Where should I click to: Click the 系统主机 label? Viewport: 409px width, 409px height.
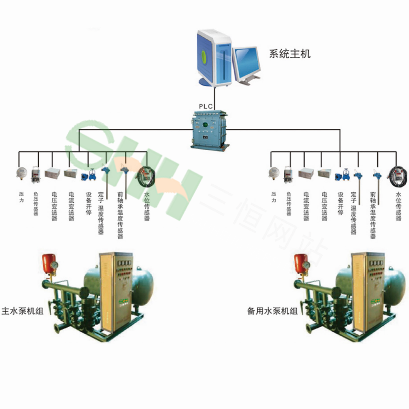pyautogui.click(x=290, y=54)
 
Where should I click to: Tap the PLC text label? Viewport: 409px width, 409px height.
pyautogui.click(x=206, y=106)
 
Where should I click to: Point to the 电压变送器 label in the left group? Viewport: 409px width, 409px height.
pyautogui.click(x=54, y=207)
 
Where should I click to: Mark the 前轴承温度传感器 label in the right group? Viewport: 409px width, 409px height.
pyautogui.click(x=372, y=215)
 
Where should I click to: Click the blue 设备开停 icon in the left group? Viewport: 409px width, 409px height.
pyautogui.click(x=88, y=176)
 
